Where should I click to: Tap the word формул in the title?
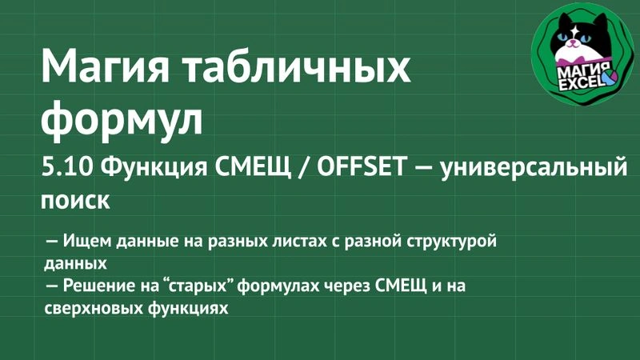pos(122,118)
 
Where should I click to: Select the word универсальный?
pos(533,169)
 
